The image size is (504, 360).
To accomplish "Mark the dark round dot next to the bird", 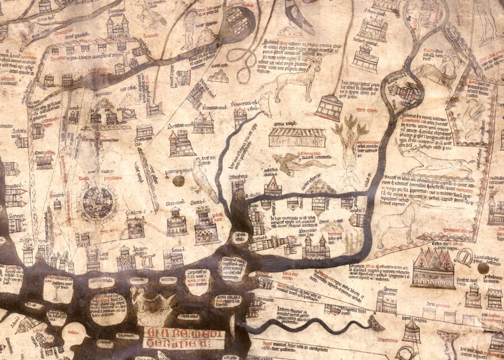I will point(179,181).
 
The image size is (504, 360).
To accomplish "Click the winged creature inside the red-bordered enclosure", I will point(474,114).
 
